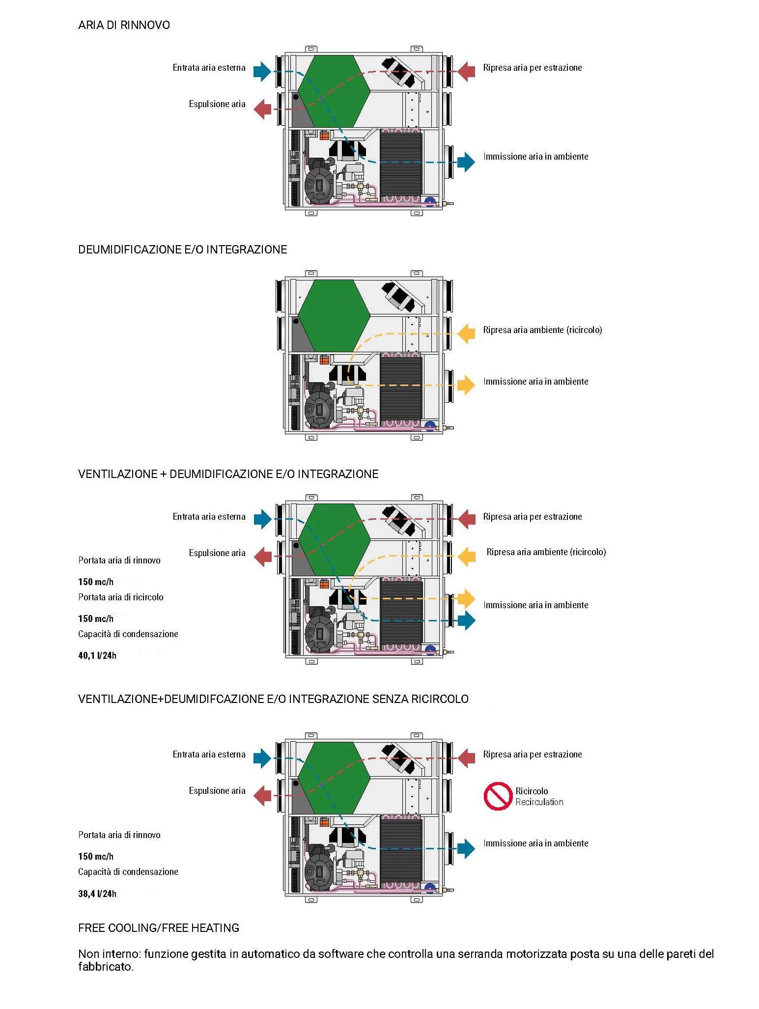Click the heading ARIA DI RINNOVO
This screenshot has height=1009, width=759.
(x=124, y=25)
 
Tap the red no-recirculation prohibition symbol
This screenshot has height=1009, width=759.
(x=497, y=796)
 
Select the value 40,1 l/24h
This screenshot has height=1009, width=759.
(x=97, y=655)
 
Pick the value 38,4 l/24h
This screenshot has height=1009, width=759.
(x=97, y=894)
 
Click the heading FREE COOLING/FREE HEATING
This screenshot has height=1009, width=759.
(x=159, y=928)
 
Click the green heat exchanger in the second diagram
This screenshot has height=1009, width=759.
(x=334, y=316)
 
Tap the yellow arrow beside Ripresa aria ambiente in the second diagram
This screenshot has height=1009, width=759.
(x=466, y=334)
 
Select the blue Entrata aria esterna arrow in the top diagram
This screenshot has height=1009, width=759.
(x=262, y=71)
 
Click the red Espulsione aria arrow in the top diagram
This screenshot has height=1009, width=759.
(x=262, y=109)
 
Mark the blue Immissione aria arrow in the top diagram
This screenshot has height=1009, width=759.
(x=466, y=162)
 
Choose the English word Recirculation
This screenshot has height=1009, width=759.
(x=539, y=802)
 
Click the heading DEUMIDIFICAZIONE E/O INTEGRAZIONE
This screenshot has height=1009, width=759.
(x=182, y=250)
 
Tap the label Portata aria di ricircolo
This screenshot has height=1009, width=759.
(x=121, y=597)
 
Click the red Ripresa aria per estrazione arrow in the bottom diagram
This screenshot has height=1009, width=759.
(x=466, y=758)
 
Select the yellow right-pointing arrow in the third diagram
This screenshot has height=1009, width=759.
(x=466, y=599)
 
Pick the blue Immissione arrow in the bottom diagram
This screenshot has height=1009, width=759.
(x=466, y=848)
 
